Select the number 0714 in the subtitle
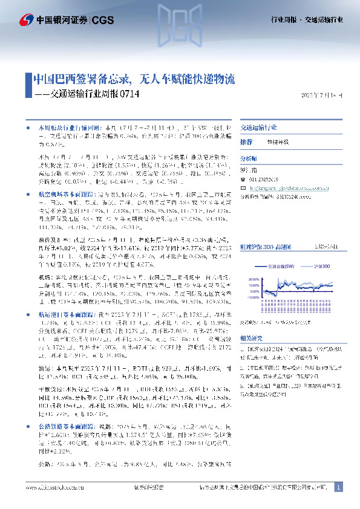pos(130,94)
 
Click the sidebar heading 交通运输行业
pos(258,128)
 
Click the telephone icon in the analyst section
pos(243,180)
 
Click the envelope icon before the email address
pos(243,187)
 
